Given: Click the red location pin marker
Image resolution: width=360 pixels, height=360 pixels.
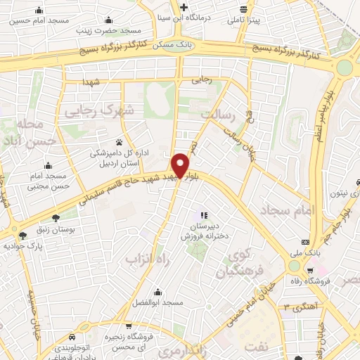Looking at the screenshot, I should pyautogui.click(x=180, y=165).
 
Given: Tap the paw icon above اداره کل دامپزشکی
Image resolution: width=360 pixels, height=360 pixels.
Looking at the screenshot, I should pyautogui.click(x=119, y=141).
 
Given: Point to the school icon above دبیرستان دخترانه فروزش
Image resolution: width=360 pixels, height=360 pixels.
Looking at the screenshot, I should pyautogui.click(x=204, y=215).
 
